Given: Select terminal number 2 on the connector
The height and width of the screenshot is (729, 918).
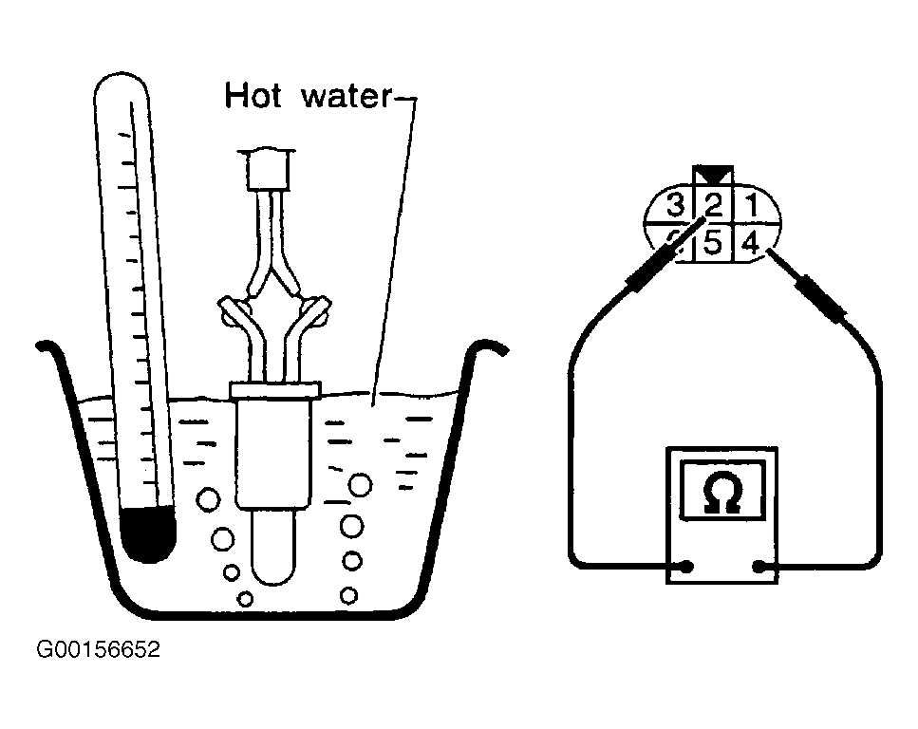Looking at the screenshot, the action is (714, 204).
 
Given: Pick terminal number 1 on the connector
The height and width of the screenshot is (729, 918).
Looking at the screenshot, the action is (751, 203).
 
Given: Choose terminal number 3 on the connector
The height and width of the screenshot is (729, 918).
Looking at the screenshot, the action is (675, 204).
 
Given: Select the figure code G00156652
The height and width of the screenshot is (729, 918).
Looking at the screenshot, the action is (99, 650).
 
